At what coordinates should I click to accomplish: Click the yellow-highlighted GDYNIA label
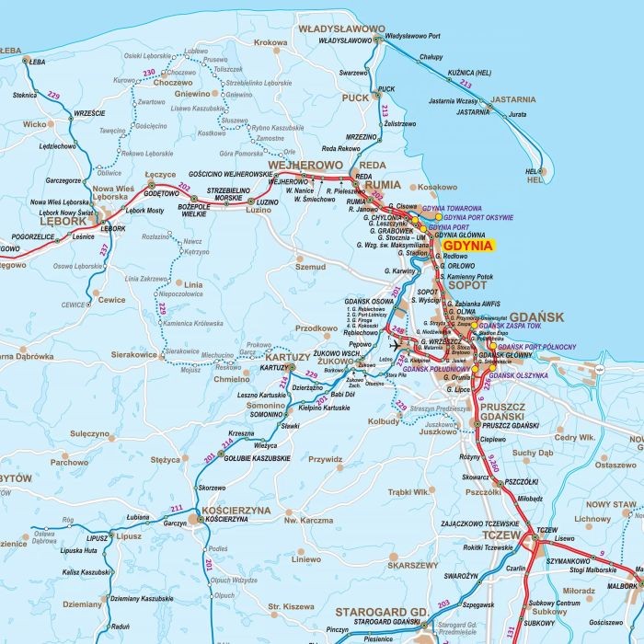click(x=467, y=247)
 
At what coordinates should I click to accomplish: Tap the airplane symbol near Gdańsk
click(x=396, y=344)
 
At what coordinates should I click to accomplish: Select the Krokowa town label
click(x=270, y=42)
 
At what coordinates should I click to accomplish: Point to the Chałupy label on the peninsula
click(x=431, y=57)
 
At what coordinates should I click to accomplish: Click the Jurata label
click(x=517, y=115)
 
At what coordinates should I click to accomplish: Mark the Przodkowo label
click(x=316, y=328)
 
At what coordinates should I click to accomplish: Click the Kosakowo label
click(x=437, y=187)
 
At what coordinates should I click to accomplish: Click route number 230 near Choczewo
click(x=149, y=72)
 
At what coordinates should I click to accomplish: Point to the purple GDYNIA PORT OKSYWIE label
click(x=477, y=218)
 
